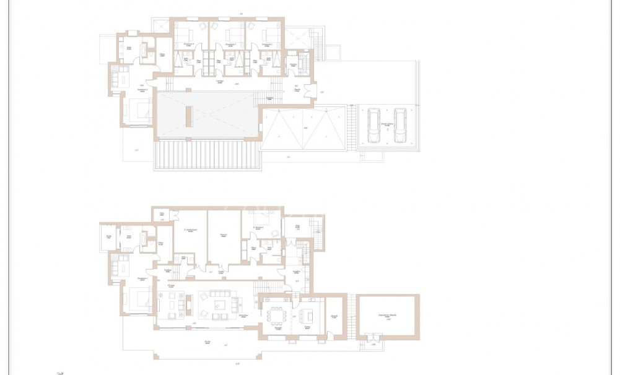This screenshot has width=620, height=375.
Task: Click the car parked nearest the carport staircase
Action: click(374, 125)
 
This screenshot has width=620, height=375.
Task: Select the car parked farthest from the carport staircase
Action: click(401, 125)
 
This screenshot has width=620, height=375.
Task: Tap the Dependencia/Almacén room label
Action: click(388, 316)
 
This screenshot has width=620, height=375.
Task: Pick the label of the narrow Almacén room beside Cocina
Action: click(334, 317)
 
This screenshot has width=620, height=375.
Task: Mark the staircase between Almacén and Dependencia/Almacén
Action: click(352, 316)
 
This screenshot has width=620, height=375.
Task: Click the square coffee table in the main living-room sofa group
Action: click(219, 304)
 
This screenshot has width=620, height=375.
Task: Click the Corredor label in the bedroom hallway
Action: click(219, 82)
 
